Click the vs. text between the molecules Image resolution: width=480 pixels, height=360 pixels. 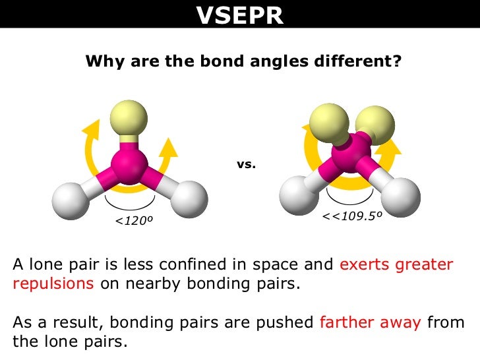(x=245, y=164)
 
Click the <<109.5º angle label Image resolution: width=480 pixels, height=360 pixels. (x=353, y=216)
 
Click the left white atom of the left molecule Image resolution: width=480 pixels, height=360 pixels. (x=71, y=200)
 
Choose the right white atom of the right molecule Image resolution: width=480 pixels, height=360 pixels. (x=400, y=195)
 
